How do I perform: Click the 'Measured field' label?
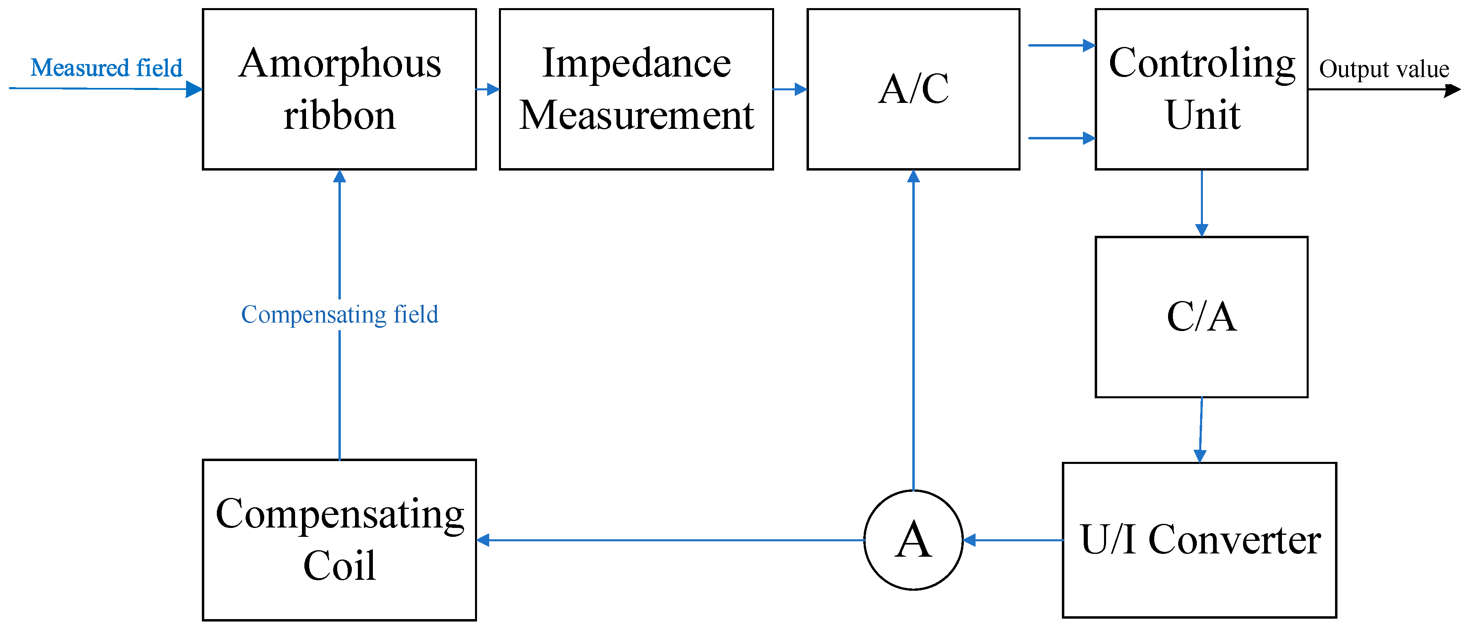click(106, 68)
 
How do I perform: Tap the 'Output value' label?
click(1384, 69)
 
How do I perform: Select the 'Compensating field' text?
click(340, 314)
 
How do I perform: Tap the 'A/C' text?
click(913, 89)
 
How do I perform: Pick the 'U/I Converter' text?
click(1200, 540)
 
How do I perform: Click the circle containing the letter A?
click(913, 540)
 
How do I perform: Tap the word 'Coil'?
click(340, 566)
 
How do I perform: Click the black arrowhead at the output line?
click(1452, 90)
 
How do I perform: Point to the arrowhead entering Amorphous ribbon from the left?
click(194, 89)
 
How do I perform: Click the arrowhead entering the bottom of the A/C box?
click(913, 177)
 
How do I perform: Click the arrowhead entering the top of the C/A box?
click(1202, 230)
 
